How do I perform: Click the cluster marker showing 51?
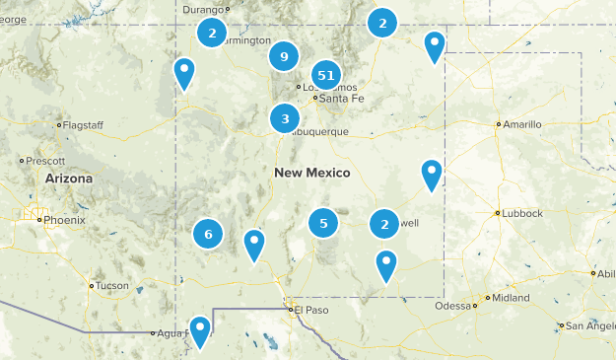click(327, 75)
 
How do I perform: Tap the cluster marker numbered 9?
click(284, 56)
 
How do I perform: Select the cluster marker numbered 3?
click(285, 119)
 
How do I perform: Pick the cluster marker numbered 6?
click(208, 234)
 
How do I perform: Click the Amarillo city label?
click(521, 125)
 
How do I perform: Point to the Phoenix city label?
click(64, 220)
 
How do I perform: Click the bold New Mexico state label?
click(311, 173)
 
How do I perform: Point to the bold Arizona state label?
click(68, 180)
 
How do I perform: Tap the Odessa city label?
click(453, 306)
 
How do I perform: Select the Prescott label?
click(45, 160)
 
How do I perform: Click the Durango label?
click(203, 10)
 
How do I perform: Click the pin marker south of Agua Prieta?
click(200, 330)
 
